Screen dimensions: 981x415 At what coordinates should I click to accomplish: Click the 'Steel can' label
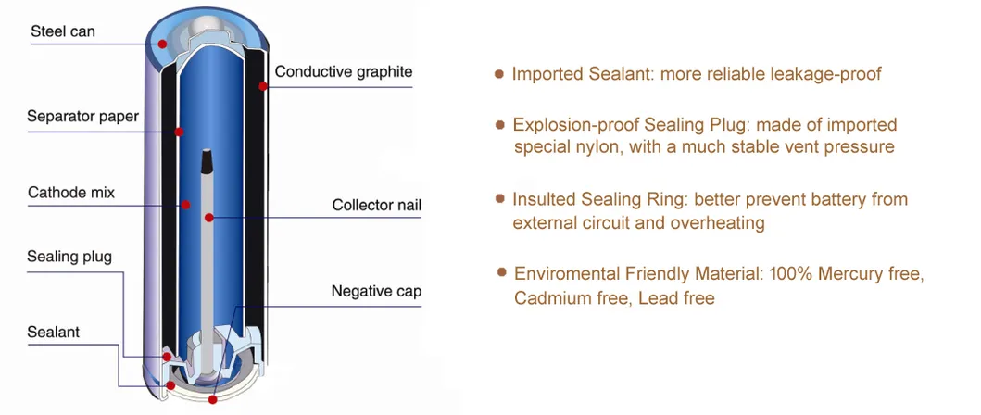(x=63, y=31)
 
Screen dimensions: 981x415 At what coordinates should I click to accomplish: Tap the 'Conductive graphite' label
(x=344, y=71)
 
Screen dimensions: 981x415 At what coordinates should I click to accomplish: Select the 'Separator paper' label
(x=82, y=117)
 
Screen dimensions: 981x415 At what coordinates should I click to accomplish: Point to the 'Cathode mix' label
(x=71, y=192)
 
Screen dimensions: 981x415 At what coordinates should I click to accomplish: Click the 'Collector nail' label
(x=377, y=206)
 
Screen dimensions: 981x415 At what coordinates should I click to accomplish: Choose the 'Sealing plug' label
(x=69, y=258)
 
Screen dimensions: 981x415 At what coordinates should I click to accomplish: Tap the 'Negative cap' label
(x=376, y=291)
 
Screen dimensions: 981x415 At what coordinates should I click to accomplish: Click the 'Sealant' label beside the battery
(x=53, y=333)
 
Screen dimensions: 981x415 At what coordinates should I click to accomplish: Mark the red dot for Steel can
(x=162, y=44)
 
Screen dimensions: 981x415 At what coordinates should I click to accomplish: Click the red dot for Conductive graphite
(x=263, y=86)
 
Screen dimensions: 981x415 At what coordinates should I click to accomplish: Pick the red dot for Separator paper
(x=179, y=132)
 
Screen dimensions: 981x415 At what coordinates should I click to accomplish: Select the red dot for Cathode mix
(x=185, y=205)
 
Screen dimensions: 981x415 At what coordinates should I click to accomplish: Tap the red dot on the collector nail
(x=209, y=217)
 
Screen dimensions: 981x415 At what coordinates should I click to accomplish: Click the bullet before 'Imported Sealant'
(x=499, y=74)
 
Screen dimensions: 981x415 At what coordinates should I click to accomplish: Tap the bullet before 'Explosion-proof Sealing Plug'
(x=500, y=124)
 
